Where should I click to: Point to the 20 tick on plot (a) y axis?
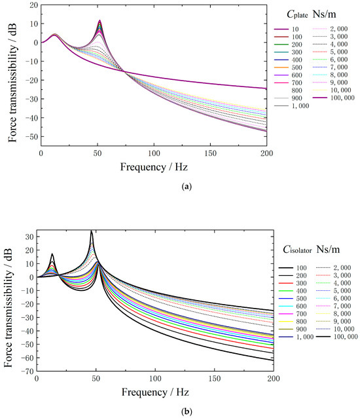(31, 5)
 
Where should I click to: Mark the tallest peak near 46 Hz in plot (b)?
(92, 231)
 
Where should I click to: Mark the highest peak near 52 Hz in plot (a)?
(99, 20)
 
